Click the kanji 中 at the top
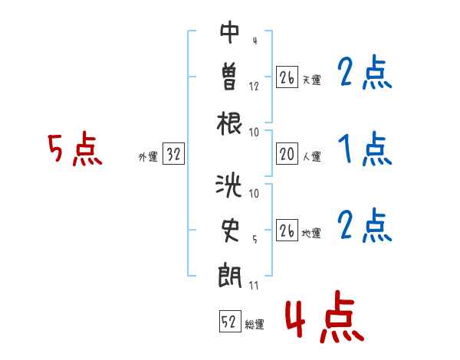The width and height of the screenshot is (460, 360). tap(230, 32)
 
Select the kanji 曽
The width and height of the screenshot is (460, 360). tap(229, 77)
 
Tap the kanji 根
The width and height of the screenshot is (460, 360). tap(229, 123)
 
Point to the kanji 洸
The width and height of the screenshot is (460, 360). tap(228, 185)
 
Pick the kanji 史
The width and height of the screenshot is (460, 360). tap(230, 231)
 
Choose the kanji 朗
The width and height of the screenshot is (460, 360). tap(230, 277)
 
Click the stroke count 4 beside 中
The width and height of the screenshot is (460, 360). tap(255, 41)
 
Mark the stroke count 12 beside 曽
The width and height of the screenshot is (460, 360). tap(254, 87)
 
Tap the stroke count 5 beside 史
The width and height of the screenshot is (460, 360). tap(255, 240)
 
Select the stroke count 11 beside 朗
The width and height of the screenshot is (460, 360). tap(254, 285)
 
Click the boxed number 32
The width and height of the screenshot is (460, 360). tap(173, 153)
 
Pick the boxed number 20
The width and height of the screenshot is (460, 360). tap(287, 153)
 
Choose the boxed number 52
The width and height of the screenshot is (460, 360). tap(230, 321)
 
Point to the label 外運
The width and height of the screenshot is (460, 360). tap(148, 157)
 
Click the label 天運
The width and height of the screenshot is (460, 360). tap(312, 80)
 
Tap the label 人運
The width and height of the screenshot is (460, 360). tap(312, 156)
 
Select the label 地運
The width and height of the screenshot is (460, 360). tap(311, 234)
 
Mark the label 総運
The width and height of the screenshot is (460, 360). tap(255, 325)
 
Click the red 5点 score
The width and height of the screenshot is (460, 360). tap(75, 149)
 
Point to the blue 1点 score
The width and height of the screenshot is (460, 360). tap(365, 149)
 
